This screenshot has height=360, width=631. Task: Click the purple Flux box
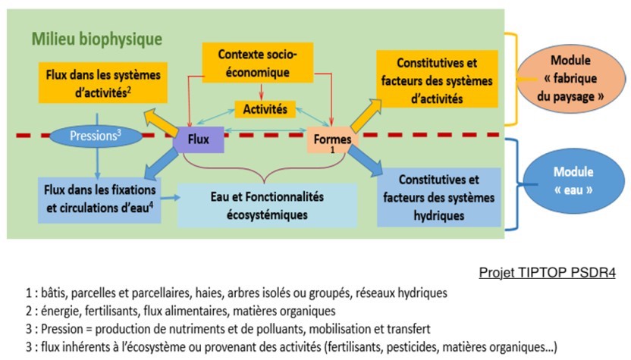point(199,139)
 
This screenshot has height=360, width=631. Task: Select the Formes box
point(332,140)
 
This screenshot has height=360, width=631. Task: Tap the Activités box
point(265,109)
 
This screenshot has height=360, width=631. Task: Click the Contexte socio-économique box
point(258,63)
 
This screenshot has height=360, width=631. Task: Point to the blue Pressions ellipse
point(96,136)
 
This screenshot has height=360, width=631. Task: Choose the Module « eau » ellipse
point(573,180)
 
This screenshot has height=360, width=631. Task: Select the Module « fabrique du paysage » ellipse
point(570,78)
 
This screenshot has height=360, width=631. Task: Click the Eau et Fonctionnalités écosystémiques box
point(267,205)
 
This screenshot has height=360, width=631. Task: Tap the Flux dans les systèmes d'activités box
point(103,83)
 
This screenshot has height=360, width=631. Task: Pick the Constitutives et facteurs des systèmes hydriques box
point(439,197)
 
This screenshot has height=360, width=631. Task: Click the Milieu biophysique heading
point(97,39)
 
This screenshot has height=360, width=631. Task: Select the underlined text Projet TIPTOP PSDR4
point(548,272)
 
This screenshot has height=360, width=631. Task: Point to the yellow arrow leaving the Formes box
point(366,115)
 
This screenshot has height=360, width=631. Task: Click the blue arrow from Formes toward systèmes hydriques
point(366,161)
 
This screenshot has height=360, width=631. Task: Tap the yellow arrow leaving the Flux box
point(161,122)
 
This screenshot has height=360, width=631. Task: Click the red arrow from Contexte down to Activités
point(261,92)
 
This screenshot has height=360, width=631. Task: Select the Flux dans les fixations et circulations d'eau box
point(100,199)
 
